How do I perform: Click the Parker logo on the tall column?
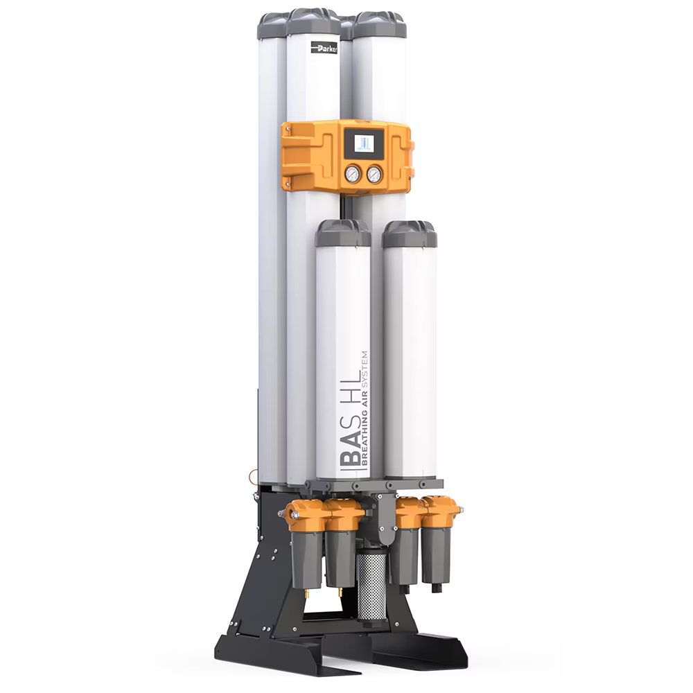(x=324, y=49)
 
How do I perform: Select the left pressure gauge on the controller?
(x=353, y=174)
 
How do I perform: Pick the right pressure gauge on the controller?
(x=374, y=174)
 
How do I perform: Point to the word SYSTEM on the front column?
(x=365, y=370)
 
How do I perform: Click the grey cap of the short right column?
(x=410, y=234)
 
